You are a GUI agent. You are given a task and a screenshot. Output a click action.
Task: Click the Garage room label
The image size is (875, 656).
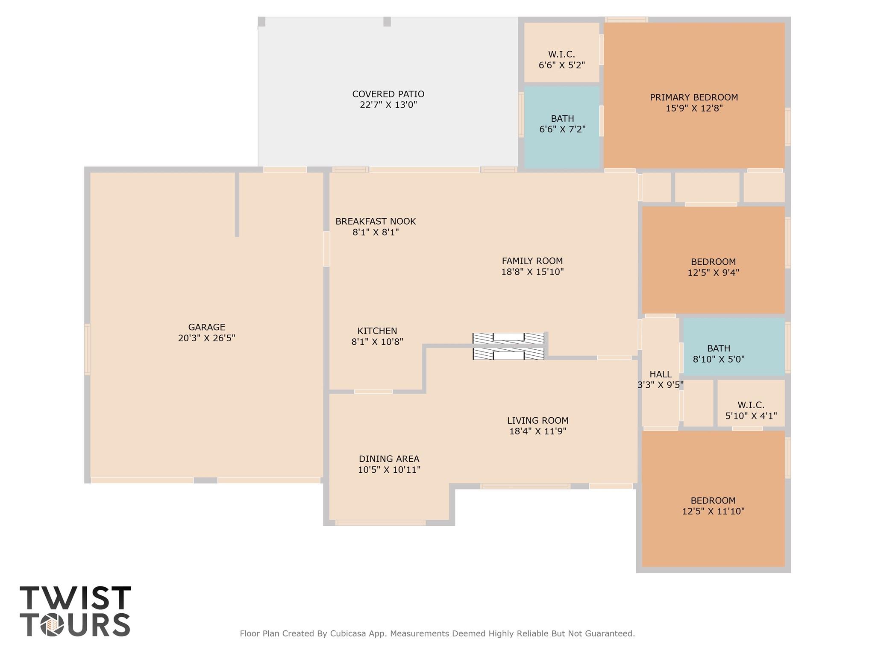206,327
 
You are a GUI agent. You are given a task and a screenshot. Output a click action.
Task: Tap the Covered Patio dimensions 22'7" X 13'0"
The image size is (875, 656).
388,105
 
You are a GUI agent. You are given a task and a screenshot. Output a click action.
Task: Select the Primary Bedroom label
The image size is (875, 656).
693,97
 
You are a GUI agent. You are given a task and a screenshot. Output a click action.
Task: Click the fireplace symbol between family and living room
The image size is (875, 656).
508,346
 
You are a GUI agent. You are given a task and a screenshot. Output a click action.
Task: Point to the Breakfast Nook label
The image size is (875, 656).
375,221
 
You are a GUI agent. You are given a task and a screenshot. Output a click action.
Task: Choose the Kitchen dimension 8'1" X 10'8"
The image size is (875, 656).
377,342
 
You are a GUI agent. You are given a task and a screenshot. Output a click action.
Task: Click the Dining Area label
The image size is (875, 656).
389,459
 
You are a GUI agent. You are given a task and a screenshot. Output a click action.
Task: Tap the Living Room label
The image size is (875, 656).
537,420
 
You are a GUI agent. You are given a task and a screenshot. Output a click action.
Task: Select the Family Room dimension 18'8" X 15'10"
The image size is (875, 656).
532,272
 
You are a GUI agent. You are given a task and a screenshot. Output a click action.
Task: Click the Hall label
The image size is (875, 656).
660,374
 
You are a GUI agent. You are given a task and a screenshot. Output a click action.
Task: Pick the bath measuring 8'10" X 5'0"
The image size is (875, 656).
719,354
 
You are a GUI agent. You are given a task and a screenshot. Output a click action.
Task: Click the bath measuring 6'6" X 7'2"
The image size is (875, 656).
562,124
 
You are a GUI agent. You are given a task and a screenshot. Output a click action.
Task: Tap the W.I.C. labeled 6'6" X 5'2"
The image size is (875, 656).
561,60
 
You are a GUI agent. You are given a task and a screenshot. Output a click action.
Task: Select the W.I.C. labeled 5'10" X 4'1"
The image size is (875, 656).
751,410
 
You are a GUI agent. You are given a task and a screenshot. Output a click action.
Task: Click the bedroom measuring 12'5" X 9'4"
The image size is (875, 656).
713,267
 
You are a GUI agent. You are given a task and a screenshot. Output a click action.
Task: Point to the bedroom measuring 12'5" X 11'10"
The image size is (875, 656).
713,506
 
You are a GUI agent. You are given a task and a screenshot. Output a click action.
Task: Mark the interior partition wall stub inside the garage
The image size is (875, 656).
237,204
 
